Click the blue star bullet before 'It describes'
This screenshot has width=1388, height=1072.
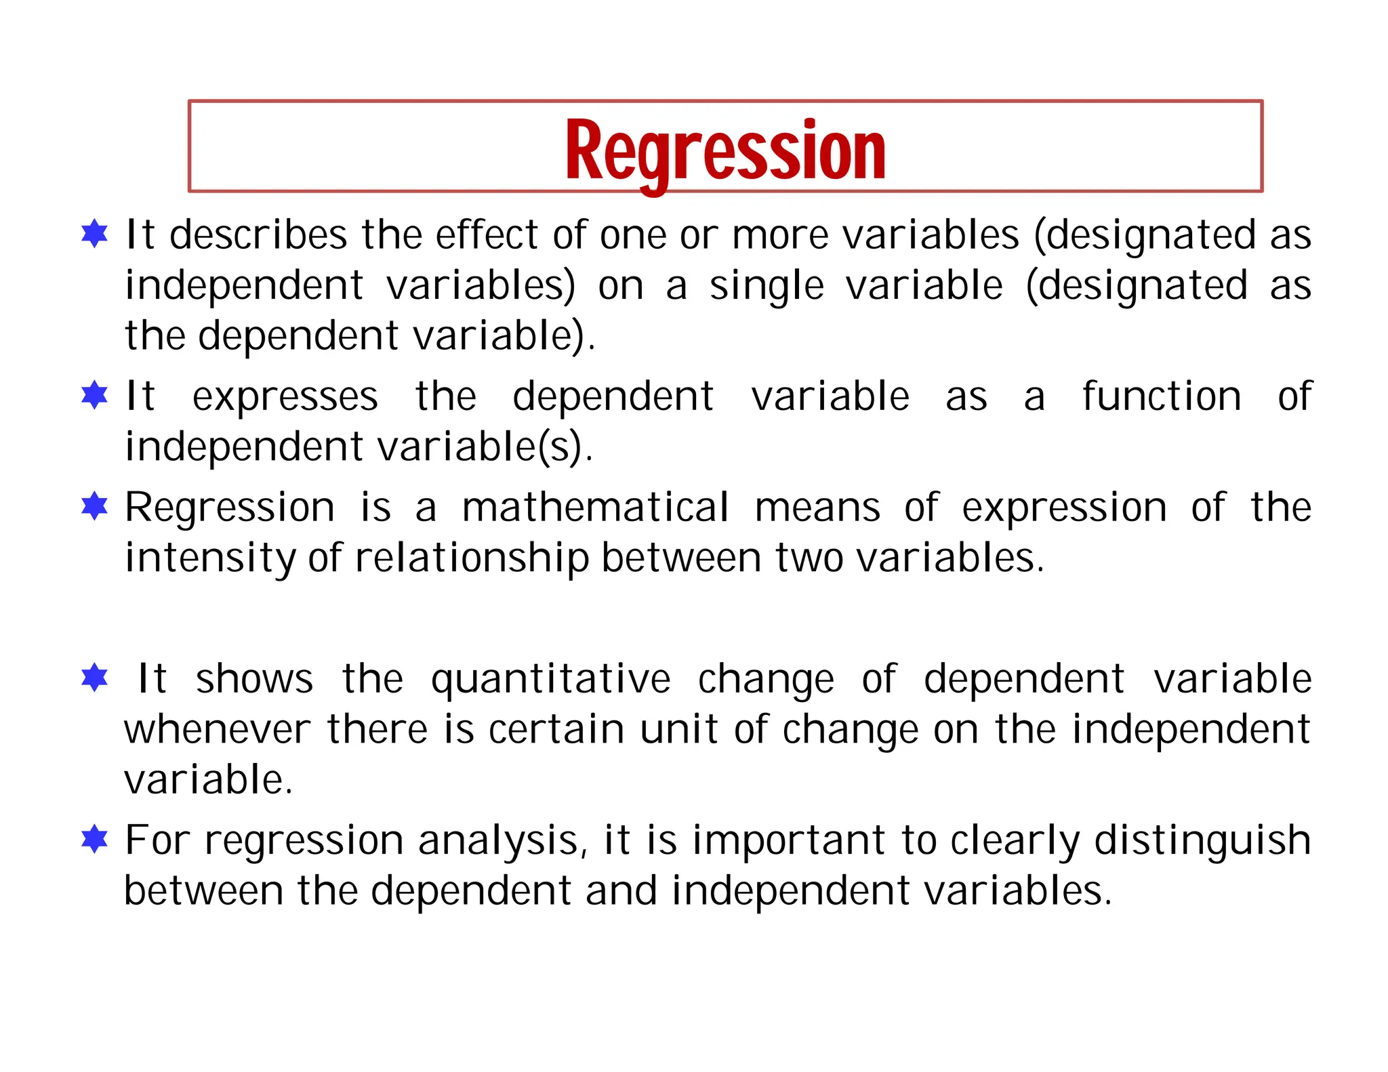point(94,234)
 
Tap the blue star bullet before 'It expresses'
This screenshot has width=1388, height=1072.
point(94,395)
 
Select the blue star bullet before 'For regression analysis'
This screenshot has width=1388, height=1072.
point(94,839)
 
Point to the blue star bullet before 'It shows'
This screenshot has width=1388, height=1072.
point(94,678)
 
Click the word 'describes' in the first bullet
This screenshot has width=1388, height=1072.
point(258,235)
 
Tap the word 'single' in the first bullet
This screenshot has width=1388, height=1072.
point(767,285)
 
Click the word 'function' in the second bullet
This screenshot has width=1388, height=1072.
point(1161,396)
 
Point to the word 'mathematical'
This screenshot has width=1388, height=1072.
point(595,508)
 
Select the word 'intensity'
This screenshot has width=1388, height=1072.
point(210,559)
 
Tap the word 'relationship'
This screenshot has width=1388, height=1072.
point(472,559)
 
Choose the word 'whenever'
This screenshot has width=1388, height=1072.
point(218,730)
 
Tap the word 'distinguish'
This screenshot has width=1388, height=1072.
point(1202,841)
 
